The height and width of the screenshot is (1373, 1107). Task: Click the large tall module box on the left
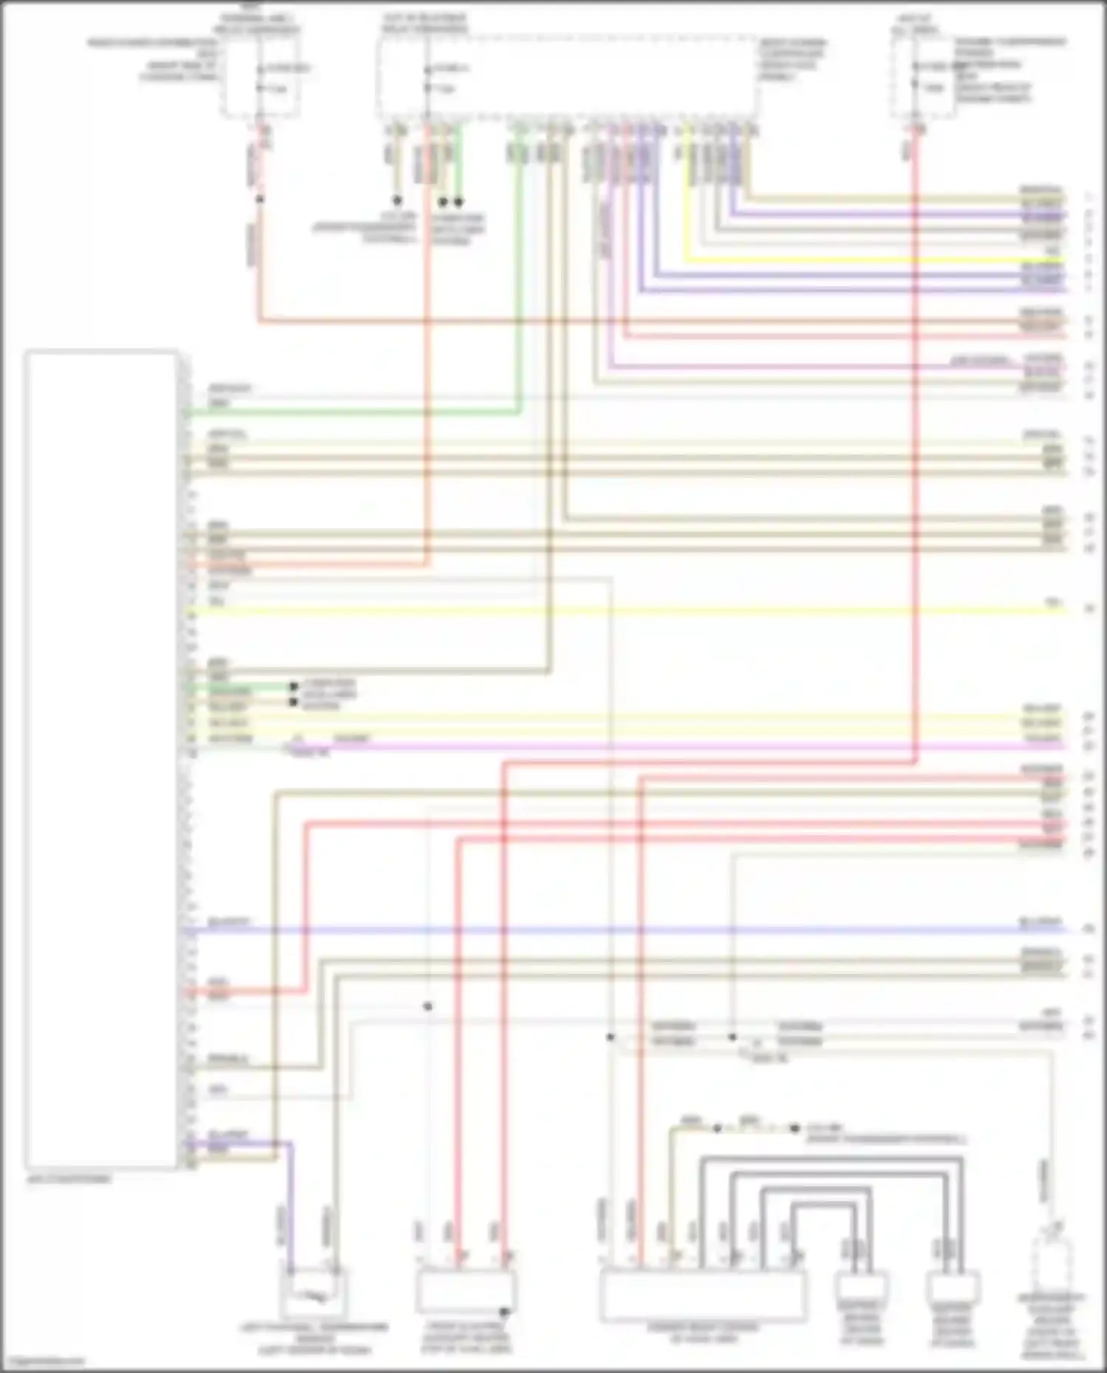click(x=101, y=760)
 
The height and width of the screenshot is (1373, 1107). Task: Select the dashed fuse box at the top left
click(x=261, y=77)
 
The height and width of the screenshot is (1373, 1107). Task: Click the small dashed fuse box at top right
click(x=922, y=77)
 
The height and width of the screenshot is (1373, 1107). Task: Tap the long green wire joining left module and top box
click(x=354, y=414)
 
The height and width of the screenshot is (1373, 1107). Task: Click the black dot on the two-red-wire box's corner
click(x=505, y=1313)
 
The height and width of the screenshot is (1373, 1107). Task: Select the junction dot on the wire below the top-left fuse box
click(x=259, y=200)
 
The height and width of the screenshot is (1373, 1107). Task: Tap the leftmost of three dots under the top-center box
click(x=396, y=200)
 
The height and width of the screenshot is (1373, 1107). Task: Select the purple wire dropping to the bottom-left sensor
click(x=290, y=1210)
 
